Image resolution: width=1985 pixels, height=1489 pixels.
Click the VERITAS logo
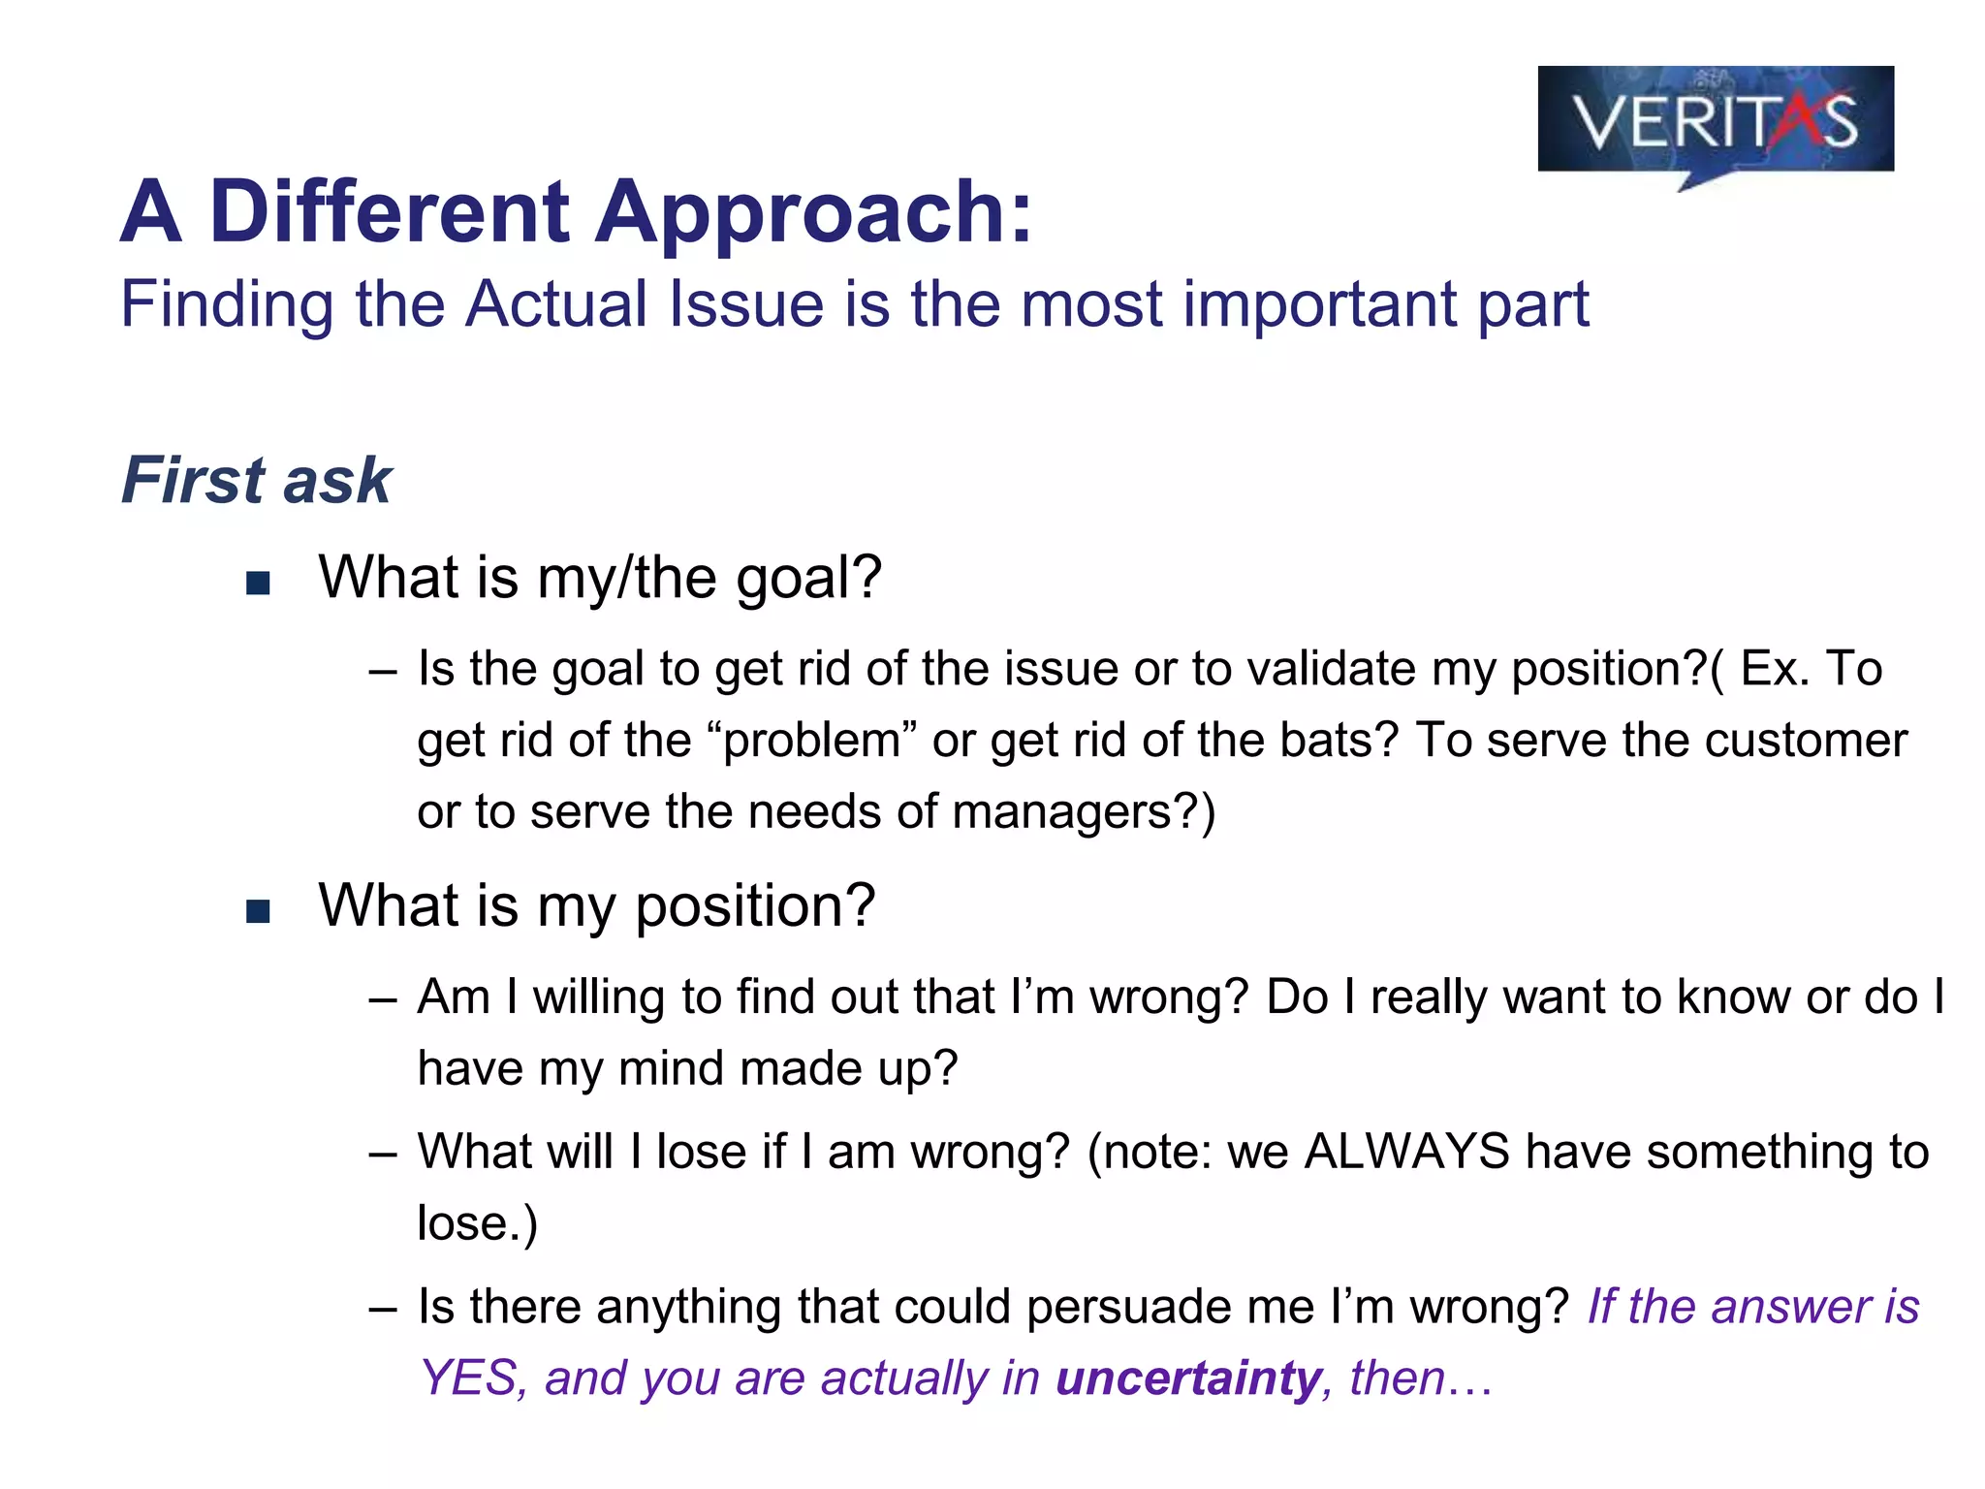coord(1715,122)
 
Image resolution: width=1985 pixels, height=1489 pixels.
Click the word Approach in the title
coord(814,212)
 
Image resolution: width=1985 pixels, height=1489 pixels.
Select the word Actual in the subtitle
coord(556,304)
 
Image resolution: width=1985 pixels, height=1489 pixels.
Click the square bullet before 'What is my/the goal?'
coord(258,583)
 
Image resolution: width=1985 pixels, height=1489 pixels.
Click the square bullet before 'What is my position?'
coord(258,911)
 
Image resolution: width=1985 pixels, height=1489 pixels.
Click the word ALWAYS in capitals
coord(1406,1152)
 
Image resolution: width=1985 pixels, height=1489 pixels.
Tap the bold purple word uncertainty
coord(1188,1378)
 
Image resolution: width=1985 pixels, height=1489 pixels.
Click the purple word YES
coord(471,1378)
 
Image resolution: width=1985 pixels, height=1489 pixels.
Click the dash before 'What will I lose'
coord(383,1154)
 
